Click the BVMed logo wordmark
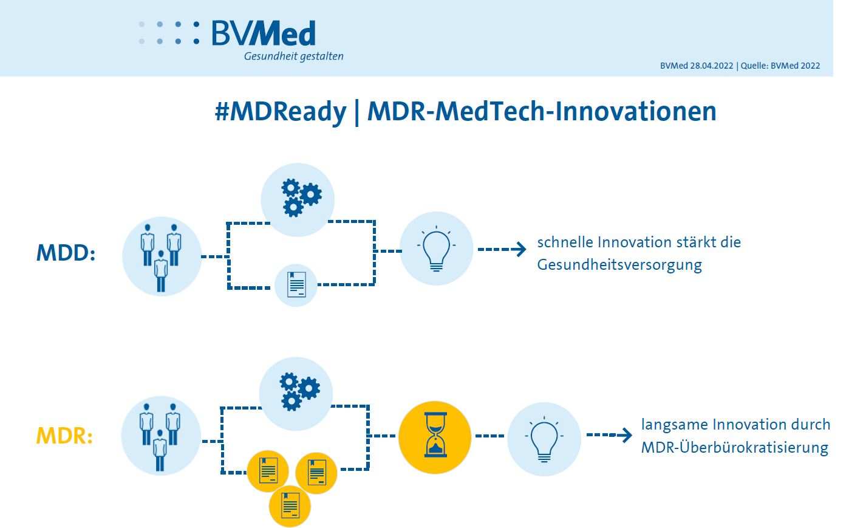(x=264, y=33)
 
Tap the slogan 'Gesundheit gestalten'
(x=294, y=57)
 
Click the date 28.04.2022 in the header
(x=712, y=66)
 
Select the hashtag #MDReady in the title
(x=281, y=112)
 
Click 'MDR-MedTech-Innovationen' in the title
(x=542, y=111)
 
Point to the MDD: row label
(x=66, y=253)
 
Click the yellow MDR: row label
(x=64, y=436)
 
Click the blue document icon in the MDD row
(x=296, y=285)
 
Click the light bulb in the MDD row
(x=436, y=249)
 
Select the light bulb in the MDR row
(x=544, y=439)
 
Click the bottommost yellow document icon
(x=290, y=506)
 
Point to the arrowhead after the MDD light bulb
(x=520, y=249)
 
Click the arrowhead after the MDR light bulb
(x=626, y=435)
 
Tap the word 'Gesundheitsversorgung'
(x=619, y=266)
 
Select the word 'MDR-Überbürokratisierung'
(x=735, y=448)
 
